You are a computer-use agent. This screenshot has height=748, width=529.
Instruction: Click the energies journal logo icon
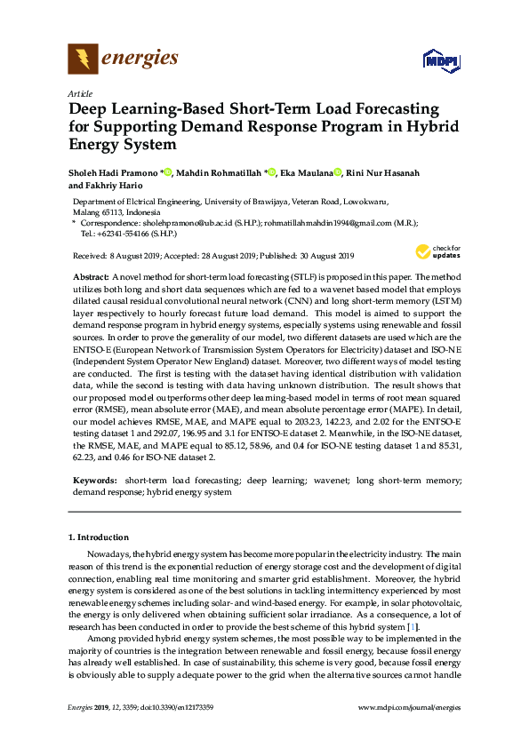pos(83,60)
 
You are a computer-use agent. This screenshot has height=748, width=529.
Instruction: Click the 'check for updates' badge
pos(438,251)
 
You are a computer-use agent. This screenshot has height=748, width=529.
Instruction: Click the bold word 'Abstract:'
pos(89,278)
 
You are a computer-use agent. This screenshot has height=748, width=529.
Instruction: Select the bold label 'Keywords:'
pos(94,481)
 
